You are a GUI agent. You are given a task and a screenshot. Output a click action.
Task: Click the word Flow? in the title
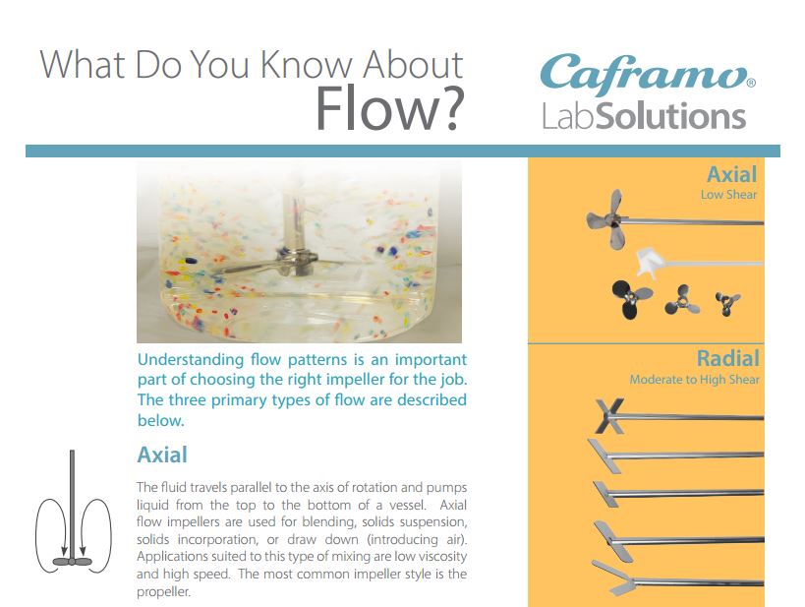(x=389, y=109)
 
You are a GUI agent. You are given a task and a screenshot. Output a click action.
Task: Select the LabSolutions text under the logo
(x=644, y=116)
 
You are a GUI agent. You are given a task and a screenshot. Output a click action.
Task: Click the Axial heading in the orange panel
(x=731, y=175)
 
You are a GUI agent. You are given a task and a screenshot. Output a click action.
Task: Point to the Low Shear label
(x=728, y=195)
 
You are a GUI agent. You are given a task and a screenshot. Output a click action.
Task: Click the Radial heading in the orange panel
(x=728, y=359)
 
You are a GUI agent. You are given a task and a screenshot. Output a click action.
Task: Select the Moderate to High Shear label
(x=694, y=380)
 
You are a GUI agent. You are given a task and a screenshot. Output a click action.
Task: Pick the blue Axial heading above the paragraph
(x=162, y=455)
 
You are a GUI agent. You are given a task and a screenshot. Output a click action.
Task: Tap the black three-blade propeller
(x=630, y=299)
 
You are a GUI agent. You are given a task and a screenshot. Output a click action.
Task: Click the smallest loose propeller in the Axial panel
(x=727, y=303)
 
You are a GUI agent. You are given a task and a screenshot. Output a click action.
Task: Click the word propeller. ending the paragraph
(x=163, y=592)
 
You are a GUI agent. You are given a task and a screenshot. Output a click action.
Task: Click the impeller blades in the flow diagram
(x=72, y=562)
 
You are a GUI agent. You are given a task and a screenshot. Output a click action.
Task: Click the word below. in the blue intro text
(x=160, y=420)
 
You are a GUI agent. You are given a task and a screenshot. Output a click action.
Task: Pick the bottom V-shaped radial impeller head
(x=612, y=577)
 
